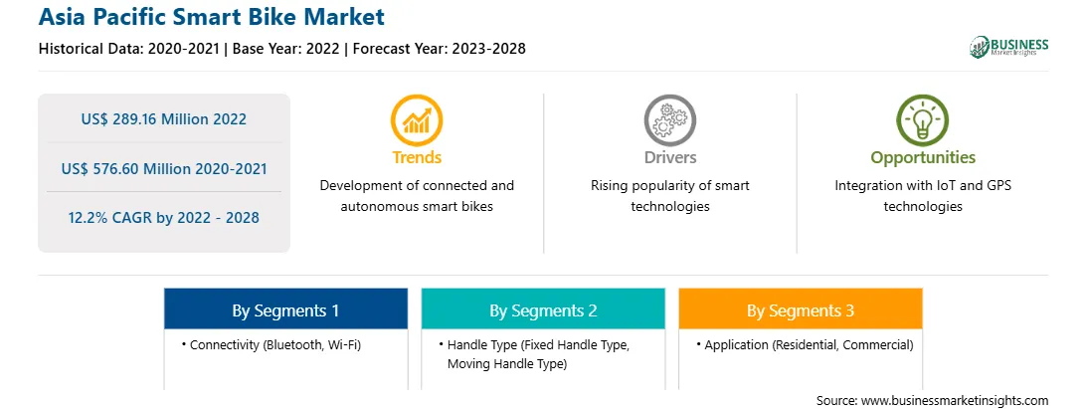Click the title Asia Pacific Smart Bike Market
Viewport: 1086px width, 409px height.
[211, 17]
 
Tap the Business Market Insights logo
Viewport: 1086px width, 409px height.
[1009, 47]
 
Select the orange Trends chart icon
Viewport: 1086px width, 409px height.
[417, 120]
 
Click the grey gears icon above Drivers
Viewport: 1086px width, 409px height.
[669, 120]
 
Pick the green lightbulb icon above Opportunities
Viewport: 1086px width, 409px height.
[923, 120]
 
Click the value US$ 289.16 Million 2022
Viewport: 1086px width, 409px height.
[163, 118]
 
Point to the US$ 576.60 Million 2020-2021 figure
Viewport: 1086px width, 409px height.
[163, 168]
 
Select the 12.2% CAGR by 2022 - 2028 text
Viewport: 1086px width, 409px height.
[163, 218]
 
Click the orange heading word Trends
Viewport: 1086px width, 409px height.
[417, 157]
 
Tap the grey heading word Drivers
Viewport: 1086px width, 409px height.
[670, 157]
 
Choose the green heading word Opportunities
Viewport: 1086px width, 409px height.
[923, 158]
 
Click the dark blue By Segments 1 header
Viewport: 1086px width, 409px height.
[286, 308]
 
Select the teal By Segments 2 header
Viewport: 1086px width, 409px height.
[543, 308]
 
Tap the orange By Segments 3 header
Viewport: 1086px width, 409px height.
[801, 308]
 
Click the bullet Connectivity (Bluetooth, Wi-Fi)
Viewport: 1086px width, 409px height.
[271, 344]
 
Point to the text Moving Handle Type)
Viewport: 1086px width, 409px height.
[507, 364]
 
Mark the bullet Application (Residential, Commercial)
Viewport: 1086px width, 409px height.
[805, 344]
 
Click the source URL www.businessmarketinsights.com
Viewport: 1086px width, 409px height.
[955, 401]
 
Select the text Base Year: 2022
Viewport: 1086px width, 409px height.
[285, 49]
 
